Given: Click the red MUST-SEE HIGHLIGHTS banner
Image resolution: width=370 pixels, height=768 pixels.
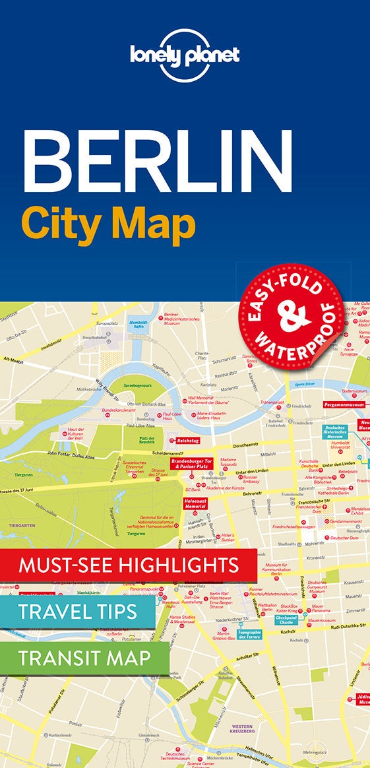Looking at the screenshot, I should pos(129,565).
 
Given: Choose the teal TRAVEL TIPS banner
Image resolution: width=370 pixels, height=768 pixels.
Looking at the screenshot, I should pos(78,610).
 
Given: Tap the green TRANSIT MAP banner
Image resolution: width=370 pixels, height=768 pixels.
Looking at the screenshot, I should pos(84,657).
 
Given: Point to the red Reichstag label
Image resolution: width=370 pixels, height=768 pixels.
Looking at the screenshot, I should pos(187,441).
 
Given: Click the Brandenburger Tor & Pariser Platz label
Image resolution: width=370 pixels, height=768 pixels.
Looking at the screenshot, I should pos(192,463).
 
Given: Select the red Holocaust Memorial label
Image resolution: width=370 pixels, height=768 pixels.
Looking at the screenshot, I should pos(196,505).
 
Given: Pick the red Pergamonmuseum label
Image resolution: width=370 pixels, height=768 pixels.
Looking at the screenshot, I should pos(344,404).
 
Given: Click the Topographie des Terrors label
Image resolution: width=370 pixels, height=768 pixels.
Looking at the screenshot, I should pos(251,635).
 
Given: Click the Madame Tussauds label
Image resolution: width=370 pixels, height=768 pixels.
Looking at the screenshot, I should pos(228,461).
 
